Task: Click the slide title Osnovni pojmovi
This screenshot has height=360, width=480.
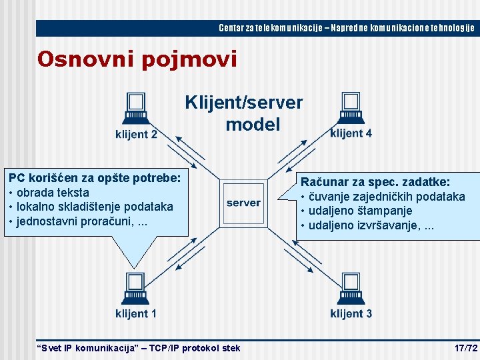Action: [x=137, y=59]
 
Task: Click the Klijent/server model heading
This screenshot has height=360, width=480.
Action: [x=244, y=113]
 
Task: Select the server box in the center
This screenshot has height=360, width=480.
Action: [x=243, y=202]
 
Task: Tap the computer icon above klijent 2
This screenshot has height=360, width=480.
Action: [x=135, y=109]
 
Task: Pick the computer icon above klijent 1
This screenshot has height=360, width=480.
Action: [x=135, y=287]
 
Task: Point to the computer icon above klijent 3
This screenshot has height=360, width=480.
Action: [x=350, y=287]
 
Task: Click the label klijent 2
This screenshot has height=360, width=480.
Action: [x=136, y=134]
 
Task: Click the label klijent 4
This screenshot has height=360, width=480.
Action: [x=351, y=133]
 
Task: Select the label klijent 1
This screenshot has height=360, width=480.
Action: [x=136, y=313]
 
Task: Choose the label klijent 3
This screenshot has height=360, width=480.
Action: [x=351, y=313]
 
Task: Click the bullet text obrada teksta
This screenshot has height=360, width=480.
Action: [x=52, y=193]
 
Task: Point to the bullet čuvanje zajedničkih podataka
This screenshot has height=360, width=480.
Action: [x=387, y=197]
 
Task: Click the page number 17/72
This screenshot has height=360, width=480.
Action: [x=465, y=348]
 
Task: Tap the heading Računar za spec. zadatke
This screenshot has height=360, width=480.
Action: [x=375, y=182]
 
